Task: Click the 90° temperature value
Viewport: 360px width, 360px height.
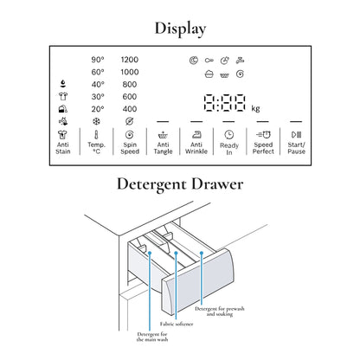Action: [98, 60]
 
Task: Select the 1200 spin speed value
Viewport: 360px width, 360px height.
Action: [130, 60]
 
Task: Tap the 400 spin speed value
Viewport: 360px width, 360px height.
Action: [130, 109]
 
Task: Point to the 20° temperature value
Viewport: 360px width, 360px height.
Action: [98, 109]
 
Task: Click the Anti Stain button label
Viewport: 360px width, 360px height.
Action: [63, 148]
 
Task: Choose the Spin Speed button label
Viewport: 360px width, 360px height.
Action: [130, 148]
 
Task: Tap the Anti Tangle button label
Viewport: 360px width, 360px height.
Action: [163, 148]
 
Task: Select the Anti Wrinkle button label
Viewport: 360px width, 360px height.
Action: [196, 148]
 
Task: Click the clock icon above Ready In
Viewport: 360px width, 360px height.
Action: [229, 135]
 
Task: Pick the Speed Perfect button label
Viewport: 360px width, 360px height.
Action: [263, 148]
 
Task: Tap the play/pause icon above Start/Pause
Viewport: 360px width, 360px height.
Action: [296, 135]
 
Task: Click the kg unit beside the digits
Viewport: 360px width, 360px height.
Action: [255, 108]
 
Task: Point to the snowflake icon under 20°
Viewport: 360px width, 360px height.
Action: [96, 121]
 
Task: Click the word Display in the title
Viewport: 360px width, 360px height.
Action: [180, 29]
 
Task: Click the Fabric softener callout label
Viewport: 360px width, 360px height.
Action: [177, 324]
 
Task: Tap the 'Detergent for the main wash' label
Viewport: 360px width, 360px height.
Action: [152, 337]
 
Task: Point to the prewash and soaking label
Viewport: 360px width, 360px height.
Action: [220, 312]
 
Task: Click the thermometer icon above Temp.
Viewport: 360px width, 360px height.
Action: [96, 135]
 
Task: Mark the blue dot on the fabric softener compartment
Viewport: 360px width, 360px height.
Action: [176, 253]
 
